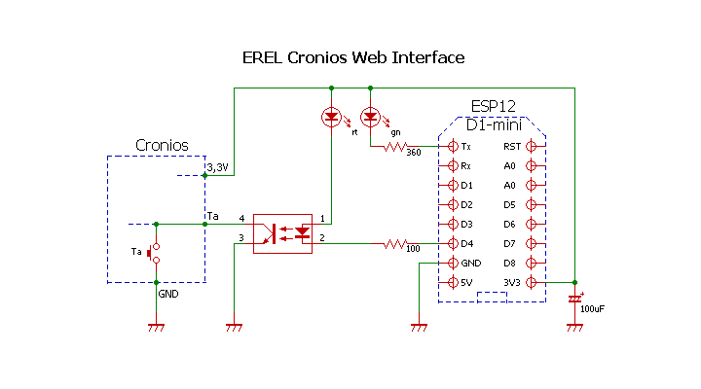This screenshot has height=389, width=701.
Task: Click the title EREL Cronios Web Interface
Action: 353,57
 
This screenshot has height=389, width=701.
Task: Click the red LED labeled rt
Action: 331,117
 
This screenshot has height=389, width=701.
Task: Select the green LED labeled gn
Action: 370,117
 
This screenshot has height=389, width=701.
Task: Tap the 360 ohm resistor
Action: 395,146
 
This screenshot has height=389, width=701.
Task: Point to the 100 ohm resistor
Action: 394,243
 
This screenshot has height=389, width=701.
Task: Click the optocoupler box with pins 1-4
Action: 282,233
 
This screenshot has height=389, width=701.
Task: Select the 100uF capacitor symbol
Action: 574,298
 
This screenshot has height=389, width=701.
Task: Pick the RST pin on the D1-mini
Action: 531,146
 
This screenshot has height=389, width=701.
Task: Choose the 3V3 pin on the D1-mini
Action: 531,282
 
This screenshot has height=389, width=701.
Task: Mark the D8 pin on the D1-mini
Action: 531,263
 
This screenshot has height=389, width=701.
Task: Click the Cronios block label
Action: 162,146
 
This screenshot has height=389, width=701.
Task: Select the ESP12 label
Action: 493,106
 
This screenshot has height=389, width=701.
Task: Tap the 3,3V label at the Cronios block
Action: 218,168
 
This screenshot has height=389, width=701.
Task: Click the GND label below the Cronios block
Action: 168,293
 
